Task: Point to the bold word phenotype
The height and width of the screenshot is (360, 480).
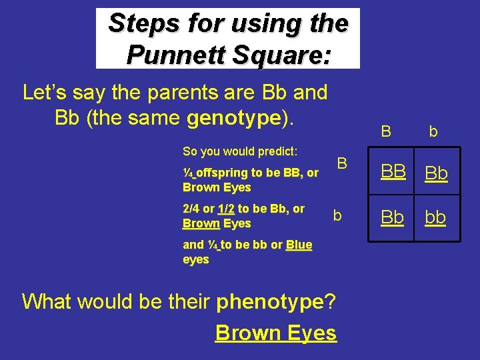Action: pyautogui.click(x=269, y=301)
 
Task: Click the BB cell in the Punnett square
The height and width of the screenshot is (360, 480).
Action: pyautogui.click(x=393, y=173)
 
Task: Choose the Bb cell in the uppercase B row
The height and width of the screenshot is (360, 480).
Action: pyautogui.click(x=437, y=173)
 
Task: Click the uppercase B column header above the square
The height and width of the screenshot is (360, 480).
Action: pyautogui.click(x=385, y=131)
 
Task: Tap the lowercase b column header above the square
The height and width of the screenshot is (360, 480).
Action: pyautogui.click(x=433, y=132)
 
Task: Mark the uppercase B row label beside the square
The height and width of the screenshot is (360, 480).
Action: pyautogui.click(x=341, y=163)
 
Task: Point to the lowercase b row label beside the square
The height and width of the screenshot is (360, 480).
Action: pyautogui.click(x=337, y=215)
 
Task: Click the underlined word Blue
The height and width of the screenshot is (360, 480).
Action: pyautogui.click(x=299, y=245)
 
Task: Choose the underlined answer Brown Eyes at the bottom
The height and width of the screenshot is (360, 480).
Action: pyautogui.click(x=275, y=332)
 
